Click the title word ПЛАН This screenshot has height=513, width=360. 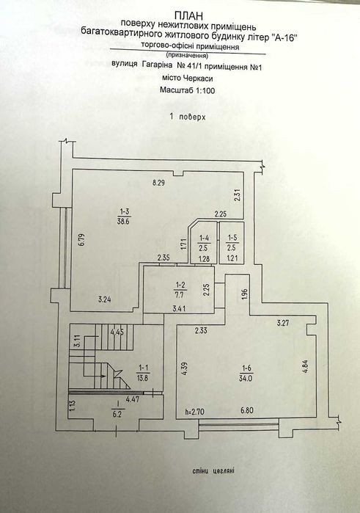[x=188, y=15]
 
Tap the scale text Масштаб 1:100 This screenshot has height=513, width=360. [x=188, y=90]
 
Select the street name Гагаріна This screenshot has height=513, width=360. [x=158, y=65]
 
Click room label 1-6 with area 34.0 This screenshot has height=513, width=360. [x=246, y=373]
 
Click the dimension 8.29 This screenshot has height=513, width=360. [x=158, y=183]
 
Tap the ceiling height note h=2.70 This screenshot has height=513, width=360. [x=194, y=411]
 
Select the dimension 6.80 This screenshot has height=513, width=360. [x=247, y=410]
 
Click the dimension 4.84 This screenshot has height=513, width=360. [x=306, y=367]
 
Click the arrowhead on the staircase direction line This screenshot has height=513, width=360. [x=103, y=376]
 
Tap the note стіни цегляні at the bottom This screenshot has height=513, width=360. [x=213, y=471]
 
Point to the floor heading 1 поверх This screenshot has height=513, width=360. [x=188, y=117]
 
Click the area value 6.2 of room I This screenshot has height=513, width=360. [x=117, y=414]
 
